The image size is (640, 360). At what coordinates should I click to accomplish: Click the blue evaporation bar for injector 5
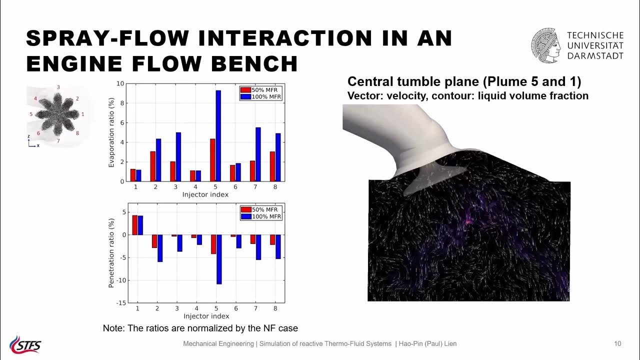pyautogui.click(x=218, y=136)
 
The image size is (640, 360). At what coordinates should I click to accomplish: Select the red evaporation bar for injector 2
pyautogui.click(x=153, y=166)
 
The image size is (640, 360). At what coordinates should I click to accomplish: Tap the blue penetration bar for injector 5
pyautogui.click(x=218, y=259)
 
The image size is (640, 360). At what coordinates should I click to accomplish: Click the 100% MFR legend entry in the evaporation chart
pyautogui.click(x=261, y=96)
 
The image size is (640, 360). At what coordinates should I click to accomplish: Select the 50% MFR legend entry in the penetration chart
pyautogui.click(x=261, y=209)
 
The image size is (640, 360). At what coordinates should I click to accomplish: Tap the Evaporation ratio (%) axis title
pyautogui.click(x=112, y=132)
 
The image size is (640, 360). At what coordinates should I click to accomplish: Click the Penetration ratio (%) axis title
pyautogui.click(x=112, y=252)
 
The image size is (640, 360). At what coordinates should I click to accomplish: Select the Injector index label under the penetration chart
pyautogui.click(x=206, y=316)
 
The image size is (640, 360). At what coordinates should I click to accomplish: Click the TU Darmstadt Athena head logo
pyautogui.click(x=546, y=45)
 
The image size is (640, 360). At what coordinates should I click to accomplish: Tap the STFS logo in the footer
pyautogui.click(x=25, y=344)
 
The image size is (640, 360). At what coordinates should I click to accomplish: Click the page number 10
pyautogui.click(x=617, y=343)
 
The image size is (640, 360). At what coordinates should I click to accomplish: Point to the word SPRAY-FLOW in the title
pyautogui.click(x=103, y=38)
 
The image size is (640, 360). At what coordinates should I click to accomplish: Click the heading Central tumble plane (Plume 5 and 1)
pyautogui.click(x=464, y=81)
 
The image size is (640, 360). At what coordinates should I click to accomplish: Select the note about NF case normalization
pyautogui.click(x=200, y=328)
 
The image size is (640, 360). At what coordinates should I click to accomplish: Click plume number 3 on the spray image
pyautogui.click(x=58, y=87)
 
